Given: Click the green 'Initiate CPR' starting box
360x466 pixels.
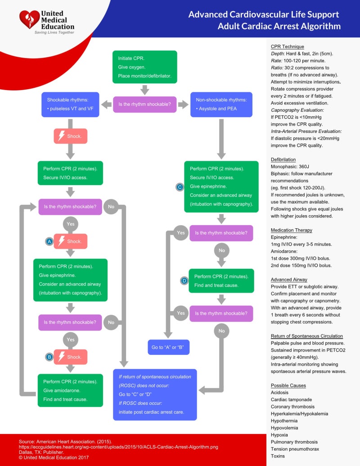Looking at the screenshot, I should pos(144,67).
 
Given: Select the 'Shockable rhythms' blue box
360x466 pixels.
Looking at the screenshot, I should pos(70,104).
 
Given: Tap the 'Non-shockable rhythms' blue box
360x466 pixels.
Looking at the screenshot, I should pos(221,104).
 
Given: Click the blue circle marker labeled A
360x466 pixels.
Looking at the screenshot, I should pos(49,242).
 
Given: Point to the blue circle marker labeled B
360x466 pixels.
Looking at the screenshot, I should pos(49,357).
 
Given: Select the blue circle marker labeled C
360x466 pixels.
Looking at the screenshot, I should pos(180,186).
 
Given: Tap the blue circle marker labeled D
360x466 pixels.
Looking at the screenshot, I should pos(184,281).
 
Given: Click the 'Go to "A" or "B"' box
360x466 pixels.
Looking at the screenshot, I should pos(169,347).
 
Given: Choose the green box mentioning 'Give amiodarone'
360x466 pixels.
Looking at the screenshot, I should pos(70,390).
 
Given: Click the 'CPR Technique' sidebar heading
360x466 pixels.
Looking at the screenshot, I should pos(287,47).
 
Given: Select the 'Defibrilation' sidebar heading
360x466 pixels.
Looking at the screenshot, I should pos(283,160).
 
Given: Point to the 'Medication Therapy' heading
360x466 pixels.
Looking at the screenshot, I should pos(291,230).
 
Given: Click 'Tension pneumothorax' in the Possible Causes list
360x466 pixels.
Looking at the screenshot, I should pos(294,449).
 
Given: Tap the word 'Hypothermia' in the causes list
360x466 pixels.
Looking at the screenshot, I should pos(283,421).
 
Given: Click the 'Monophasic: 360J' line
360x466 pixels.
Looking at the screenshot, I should pos(291,167).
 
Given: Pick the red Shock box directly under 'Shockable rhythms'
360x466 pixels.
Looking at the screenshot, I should pos(70,136).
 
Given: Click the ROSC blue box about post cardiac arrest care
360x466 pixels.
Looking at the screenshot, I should pos(155,394).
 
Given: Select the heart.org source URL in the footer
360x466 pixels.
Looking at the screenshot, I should pos(118,447).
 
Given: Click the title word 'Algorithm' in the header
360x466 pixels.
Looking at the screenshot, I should pos(321,26).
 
